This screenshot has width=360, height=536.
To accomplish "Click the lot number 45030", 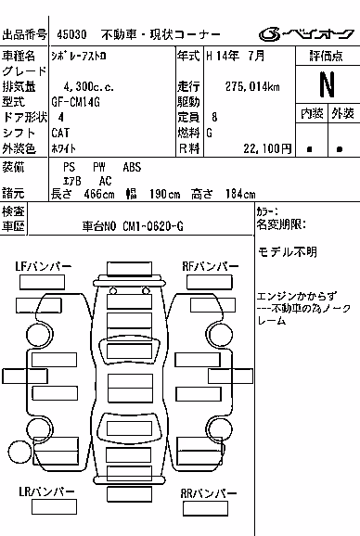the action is pos(71,34).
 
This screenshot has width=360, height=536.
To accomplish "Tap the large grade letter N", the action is pos(327,84).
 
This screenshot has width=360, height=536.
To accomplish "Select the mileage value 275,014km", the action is pos(252,86).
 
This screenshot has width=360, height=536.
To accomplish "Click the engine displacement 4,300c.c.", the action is pos(88,87).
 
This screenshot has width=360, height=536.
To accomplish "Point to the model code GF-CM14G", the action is pos(75,102).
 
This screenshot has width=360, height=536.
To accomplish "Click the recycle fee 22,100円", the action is pos(267,148).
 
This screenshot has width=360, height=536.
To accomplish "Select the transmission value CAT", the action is pos(60,133).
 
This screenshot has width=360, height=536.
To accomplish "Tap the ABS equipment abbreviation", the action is pos(132,167).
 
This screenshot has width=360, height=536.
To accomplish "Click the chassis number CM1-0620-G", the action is pos(153,226).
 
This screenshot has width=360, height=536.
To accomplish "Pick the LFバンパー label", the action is pos(43,266).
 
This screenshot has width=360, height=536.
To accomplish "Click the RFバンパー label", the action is pos(211,266).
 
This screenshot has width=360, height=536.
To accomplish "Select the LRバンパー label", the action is pos(46,491).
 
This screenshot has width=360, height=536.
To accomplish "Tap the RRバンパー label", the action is pos(209,493).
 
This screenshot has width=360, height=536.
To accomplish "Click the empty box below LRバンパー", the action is pos(54,506).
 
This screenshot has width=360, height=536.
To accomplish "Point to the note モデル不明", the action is pos(288,252).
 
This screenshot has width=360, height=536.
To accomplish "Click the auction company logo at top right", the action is pos(306,34).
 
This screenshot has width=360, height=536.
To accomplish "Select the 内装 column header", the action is pos(312,113).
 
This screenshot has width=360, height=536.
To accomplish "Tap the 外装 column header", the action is pos(343,113).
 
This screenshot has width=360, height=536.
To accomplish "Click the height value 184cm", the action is pos(240,194).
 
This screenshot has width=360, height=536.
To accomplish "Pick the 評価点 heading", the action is pos(327,56).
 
